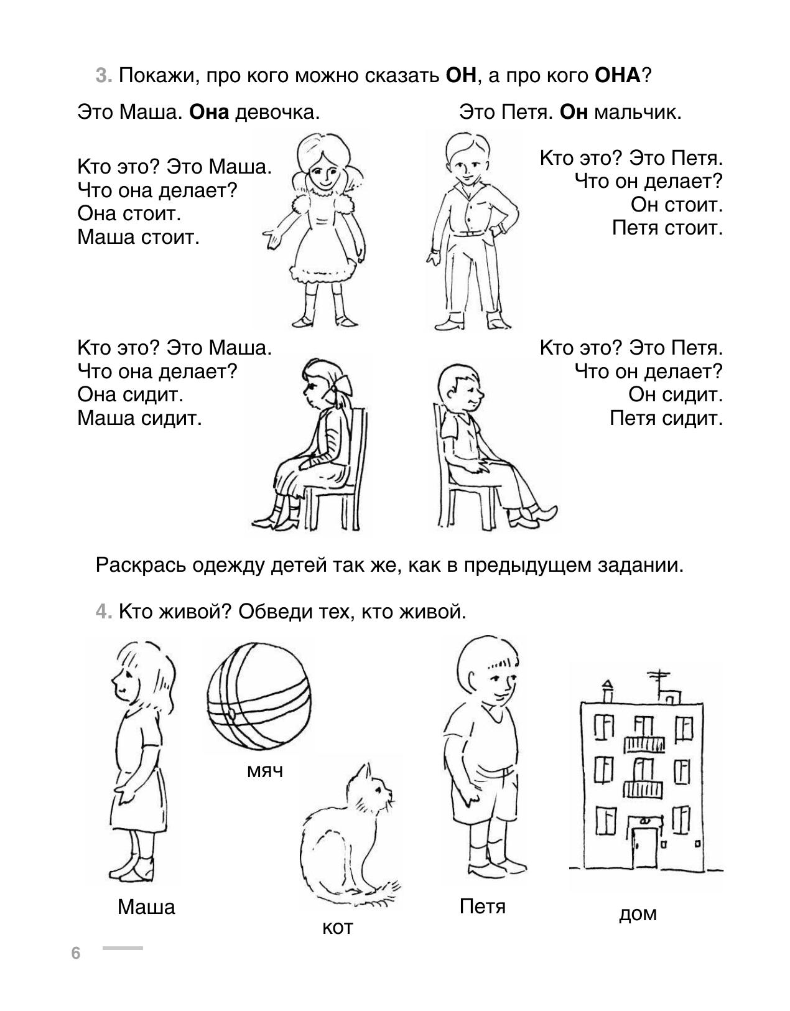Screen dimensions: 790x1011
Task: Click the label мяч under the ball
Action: (x=265, y=772)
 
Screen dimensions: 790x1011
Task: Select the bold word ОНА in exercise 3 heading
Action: (x=618, y=75)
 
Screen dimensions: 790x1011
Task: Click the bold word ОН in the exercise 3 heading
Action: (x=462, y=75)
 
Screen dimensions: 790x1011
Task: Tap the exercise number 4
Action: (x=104, y=612)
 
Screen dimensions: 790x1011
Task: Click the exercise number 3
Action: (x=104, y=75)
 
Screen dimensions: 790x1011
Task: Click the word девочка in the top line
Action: (x=277, y=113)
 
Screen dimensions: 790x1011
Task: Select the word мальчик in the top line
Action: (x=638, y=113)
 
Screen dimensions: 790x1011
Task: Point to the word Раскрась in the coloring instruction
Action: (x=141, y=566)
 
